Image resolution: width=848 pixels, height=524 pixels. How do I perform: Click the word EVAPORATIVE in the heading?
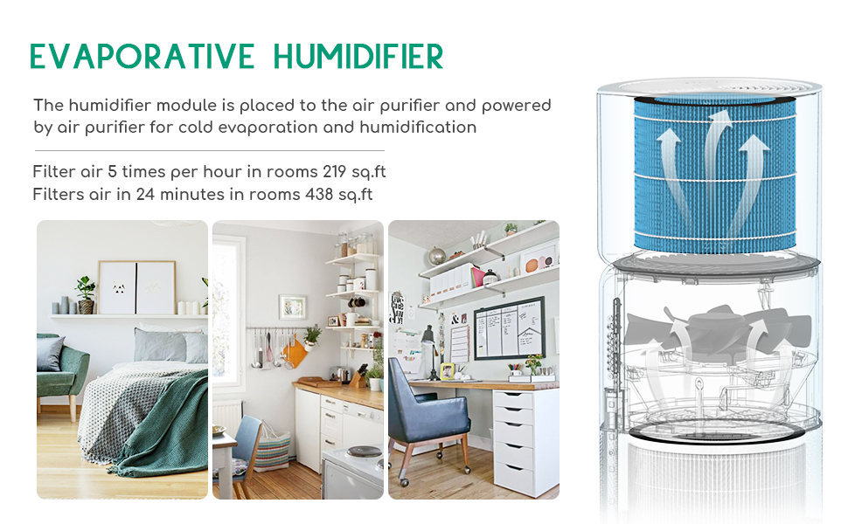[141, 57]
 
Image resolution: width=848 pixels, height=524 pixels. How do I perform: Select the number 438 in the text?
[323, 194]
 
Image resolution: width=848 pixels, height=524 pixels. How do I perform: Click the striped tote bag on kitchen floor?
[272, 451]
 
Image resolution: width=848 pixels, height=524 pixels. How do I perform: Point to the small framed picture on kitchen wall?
[292, 307]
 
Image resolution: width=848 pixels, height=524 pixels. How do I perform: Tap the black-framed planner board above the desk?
[509, 328]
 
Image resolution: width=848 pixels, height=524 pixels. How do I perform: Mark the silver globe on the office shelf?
[436, 257]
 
